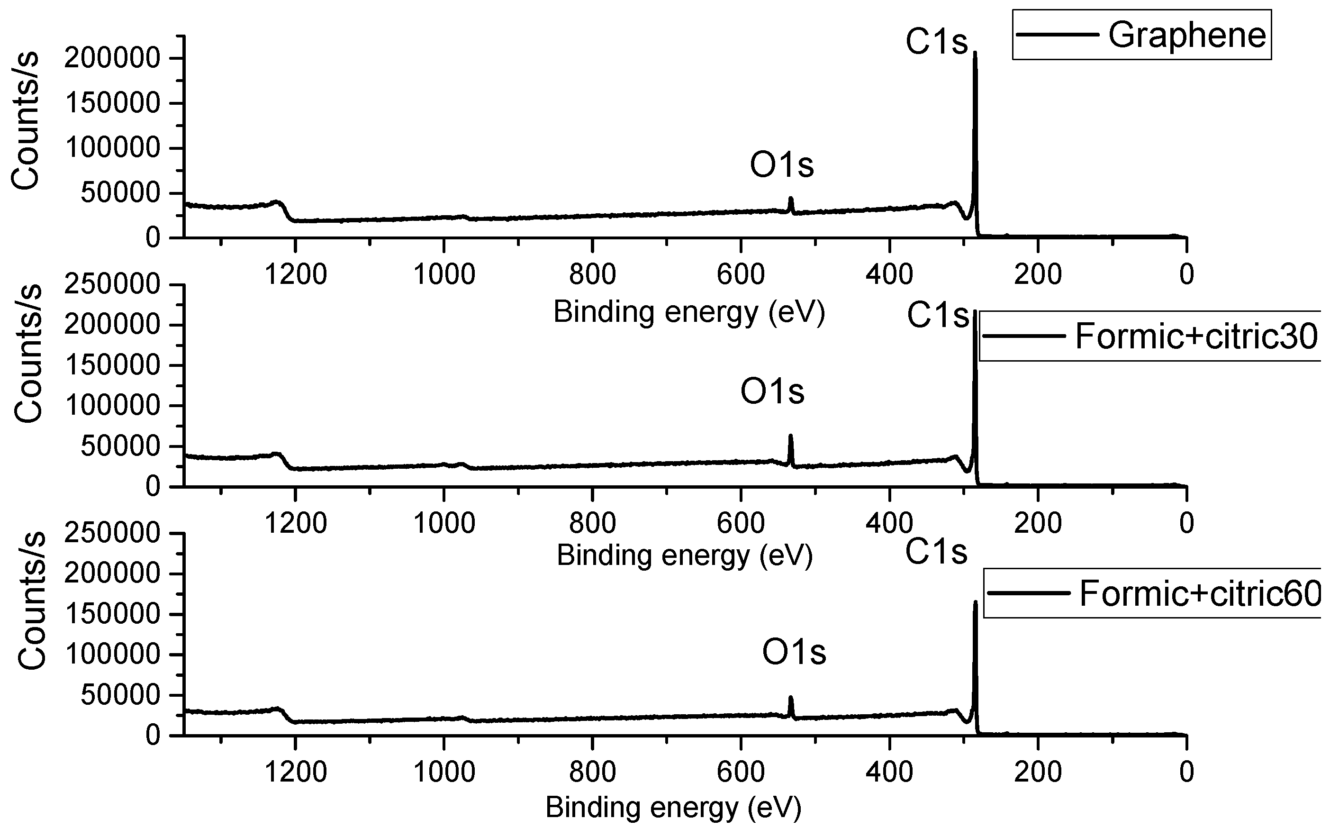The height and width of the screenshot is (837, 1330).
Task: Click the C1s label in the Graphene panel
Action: (937, 42)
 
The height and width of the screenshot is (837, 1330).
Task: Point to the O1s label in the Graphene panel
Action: (781, 165)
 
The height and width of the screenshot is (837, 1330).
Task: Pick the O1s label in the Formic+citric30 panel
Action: (772, 391)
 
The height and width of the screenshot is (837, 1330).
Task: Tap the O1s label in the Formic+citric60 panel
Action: (794, 653)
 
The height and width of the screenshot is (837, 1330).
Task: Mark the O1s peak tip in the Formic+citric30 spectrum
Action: (790, 436)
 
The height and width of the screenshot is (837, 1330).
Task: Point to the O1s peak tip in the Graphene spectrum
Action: (790, 198)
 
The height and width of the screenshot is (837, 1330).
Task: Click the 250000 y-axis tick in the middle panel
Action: (112, 285)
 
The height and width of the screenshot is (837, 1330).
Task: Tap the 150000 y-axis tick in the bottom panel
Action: (112, 614)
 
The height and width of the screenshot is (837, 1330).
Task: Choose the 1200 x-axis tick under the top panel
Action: (296, 274)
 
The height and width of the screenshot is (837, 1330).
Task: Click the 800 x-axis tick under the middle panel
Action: (592, 523)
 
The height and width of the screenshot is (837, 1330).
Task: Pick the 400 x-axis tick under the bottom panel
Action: (889, 772)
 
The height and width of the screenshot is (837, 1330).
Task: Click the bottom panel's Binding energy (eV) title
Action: (673, 807)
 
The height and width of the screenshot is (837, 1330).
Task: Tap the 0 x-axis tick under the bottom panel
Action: (1186, 772)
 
